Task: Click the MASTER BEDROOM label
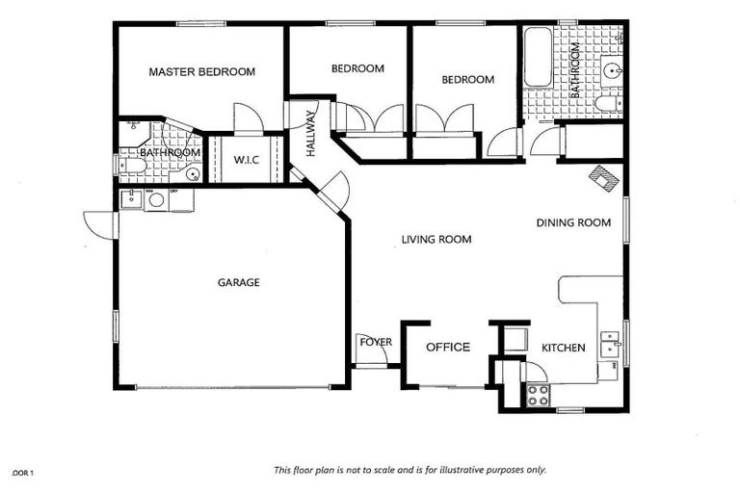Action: (200, 71)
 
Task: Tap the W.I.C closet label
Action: (247, 159)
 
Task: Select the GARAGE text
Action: (238, 282)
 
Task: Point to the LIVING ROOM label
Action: (436, 239)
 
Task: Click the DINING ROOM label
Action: (573, 222)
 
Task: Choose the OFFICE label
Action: (448, 348)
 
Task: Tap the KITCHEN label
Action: (563, 348)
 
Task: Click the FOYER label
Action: (374, 342)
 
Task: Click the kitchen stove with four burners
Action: (537, 393)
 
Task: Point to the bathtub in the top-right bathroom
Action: (537, 58)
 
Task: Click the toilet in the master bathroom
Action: (134, 166)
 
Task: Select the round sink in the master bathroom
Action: (192, 174)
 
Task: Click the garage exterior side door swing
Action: (100, 224)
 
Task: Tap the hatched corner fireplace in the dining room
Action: (605, 177)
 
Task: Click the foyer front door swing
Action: (372, 355)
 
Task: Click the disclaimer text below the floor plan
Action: (410, 470)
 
